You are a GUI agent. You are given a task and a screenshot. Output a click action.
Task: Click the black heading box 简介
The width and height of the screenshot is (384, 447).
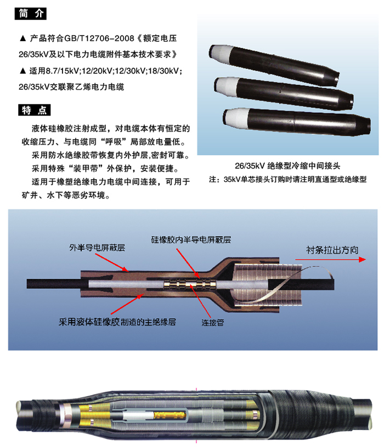coord(31,14)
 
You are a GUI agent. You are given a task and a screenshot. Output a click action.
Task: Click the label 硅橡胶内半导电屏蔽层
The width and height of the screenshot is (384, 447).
coord(191,240)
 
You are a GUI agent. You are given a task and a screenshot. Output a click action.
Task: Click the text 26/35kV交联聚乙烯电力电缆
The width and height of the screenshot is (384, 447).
coord(71,87)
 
